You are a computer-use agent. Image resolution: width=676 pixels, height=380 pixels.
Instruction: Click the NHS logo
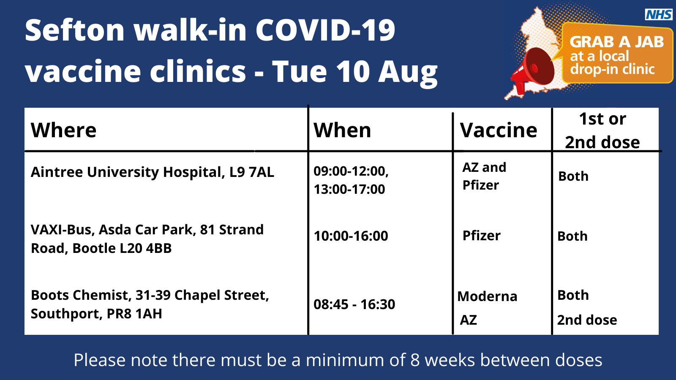pyautogui.click(x=659, y=14)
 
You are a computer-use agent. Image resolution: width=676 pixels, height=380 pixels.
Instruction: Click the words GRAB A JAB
pyautogui.click(x=616, y=42)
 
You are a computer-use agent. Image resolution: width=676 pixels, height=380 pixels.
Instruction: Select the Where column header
pyautogui.click(x=63, y=130)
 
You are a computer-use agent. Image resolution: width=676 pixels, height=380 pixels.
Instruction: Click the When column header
pyautogui.click(x=342, y=130)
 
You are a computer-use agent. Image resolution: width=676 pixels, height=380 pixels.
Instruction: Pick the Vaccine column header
pyautogui.click(x=499, y=130)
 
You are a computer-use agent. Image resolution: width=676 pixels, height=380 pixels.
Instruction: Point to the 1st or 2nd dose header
pyautogui.click(x=602, y=130)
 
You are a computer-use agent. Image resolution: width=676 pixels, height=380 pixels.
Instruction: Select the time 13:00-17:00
pyautogui.click(x=349, y=189)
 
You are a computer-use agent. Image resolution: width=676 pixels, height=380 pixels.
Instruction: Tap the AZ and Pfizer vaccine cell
pyautogui.click(x=484, y=176)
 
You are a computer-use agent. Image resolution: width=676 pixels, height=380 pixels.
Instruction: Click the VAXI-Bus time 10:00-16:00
pyautogui.click(x=351, y=236)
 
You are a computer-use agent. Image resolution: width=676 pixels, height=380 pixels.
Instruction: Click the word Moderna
pyautogui.click(x=487, y=296)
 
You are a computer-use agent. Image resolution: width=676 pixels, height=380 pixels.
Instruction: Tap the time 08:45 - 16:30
pyautogui.click(x=354, y=304)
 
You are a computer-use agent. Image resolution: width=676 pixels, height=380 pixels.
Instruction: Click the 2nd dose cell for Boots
pyautogui.click(x=587, y=320)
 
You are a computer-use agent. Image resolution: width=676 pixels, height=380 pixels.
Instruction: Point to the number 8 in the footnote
pyautogui.click(x=415, y=360)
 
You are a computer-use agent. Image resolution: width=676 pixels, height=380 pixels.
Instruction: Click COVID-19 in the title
pyautogui.click(x=325, y=30)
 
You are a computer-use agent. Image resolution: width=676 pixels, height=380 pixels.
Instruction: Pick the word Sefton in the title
pyautogui.click(x=74, y=30)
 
